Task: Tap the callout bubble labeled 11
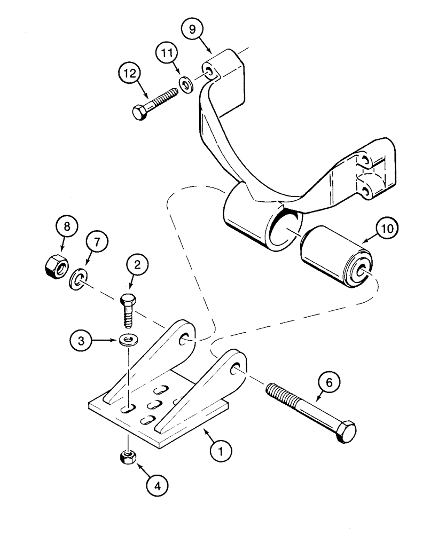click(167, 55)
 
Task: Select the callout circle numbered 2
click(137, 264)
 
